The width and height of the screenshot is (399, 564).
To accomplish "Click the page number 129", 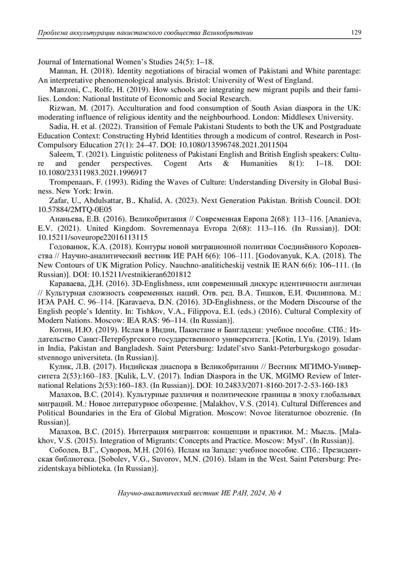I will click(356, 33).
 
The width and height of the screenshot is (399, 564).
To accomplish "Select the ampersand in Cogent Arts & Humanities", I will click(226, 163).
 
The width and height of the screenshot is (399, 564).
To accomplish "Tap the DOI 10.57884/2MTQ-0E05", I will click(75, 210).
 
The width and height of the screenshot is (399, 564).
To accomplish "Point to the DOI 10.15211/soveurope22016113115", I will click(93, 237).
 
